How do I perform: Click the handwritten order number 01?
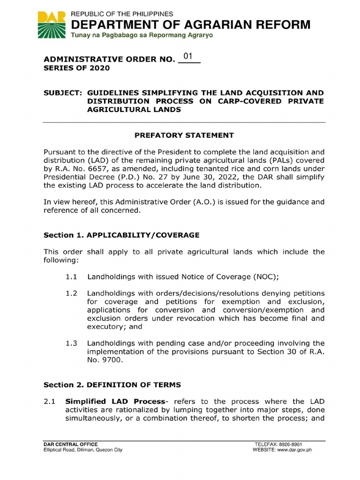click(188, 57)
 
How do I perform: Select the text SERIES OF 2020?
click(76, 68)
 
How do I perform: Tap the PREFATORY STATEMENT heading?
click(184, 135)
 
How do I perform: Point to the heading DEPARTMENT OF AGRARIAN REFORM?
click(190, 25)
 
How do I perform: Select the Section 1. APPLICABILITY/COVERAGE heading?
click(121, 234)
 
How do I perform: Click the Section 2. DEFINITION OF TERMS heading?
click(112, 385)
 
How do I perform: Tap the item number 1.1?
click(71, 277)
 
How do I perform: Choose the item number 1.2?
click(71, 293)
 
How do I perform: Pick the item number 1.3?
click(71, 344)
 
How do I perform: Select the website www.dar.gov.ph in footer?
click(295, 450)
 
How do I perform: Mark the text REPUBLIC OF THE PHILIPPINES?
click(122, 14)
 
